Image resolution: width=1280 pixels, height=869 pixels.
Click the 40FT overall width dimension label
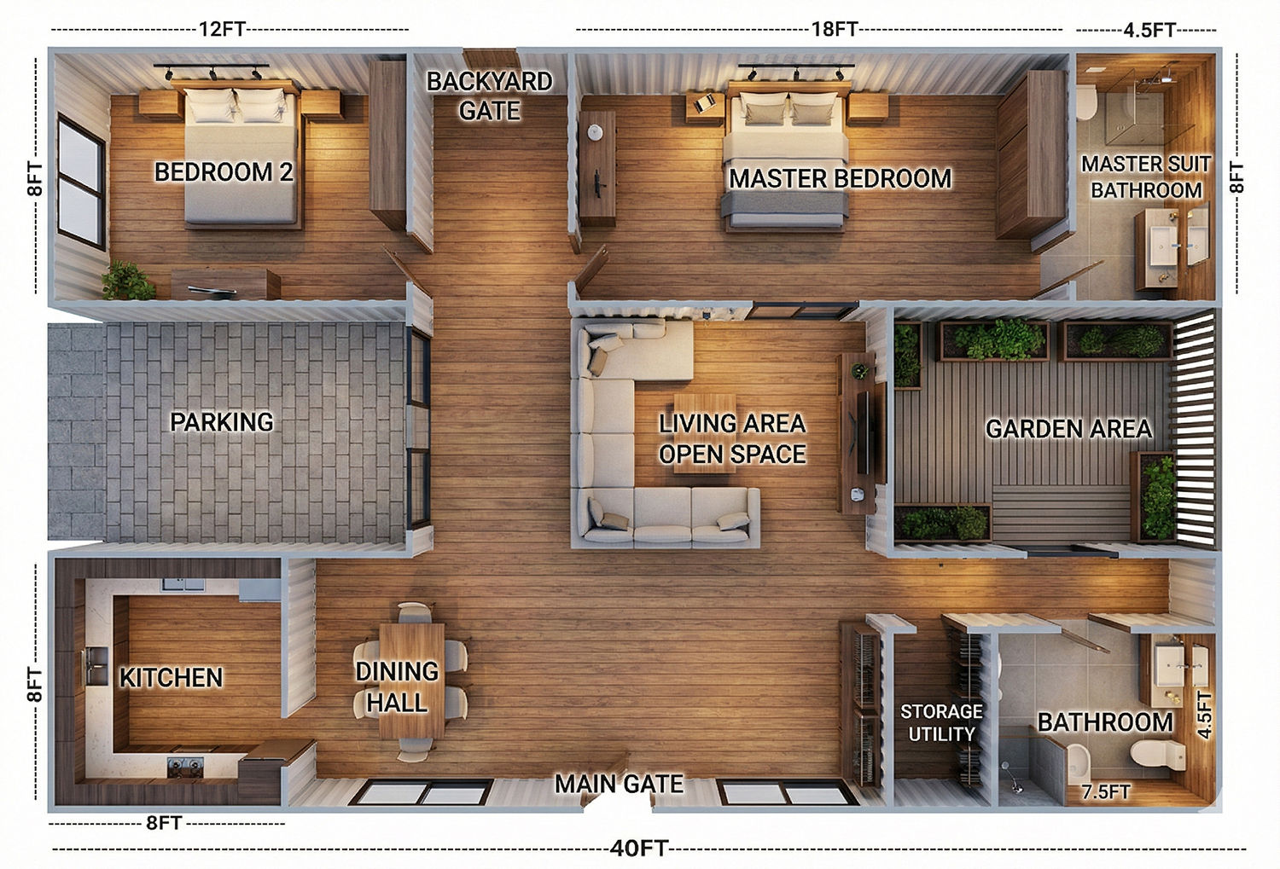pos(639,848)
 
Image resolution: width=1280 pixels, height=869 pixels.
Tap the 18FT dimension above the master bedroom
pos(835,29)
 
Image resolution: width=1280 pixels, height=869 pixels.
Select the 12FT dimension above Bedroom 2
pos(222,28)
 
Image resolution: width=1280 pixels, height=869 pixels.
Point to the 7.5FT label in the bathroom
pos(1106,792)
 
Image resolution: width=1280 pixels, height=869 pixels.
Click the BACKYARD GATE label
pos(490,96)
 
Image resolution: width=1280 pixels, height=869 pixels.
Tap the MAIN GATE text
pos(619,784)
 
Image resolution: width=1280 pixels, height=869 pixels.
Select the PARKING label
pos(222,422)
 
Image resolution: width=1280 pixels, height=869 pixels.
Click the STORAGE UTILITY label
pos(941,722)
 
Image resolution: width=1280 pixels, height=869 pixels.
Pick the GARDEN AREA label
pos(1068,429)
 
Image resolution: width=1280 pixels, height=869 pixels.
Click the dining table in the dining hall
pos(411,681)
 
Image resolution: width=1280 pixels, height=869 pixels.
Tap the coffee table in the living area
pos(705,432)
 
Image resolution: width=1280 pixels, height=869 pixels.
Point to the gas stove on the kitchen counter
pos(185,767)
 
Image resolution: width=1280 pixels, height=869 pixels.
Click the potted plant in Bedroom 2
pos(127,281)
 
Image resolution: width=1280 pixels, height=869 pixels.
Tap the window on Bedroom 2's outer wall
pos(81,182)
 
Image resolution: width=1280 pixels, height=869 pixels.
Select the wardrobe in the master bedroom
pos(1032,154)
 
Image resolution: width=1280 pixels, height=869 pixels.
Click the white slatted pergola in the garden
pos(1195,428)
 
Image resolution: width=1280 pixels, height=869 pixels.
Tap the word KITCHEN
pos(171,678)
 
